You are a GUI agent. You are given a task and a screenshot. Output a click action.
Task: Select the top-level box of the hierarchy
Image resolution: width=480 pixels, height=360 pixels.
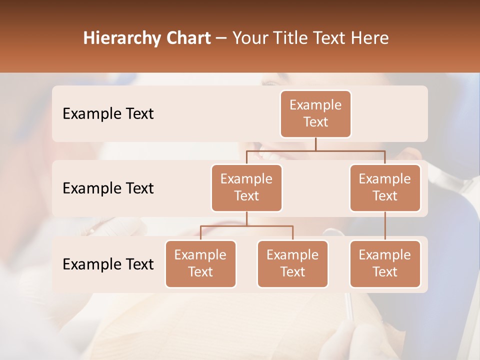[315, 113]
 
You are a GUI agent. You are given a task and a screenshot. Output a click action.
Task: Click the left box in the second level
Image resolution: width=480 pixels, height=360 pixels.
[246, 187]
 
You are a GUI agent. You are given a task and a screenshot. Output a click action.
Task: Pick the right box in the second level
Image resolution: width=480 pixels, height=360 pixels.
[385, 187]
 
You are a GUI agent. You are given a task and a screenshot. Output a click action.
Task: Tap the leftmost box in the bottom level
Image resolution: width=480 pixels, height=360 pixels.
[200, 263]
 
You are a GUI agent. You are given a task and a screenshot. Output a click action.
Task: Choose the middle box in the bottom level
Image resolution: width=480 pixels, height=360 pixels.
[292, 263]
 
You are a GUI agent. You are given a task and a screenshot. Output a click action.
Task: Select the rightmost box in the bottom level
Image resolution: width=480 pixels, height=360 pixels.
[385, 263]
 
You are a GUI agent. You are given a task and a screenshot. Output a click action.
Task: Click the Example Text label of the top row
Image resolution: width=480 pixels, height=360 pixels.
[108, 113]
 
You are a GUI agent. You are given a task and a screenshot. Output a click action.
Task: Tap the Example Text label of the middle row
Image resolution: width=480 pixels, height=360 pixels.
[108, 188]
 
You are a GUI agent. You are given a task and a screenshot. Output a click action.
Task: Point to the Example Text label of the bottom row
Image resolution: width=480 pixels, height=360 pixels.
[108, 264]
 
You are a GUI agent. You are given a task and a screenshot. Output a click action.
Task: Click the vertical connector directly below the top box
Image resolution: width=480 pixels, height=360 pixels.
[315, 144]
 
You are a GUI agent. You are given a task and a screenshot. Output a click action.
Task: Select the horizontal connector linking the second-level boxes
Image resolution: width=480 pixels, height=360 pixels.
[315, 150]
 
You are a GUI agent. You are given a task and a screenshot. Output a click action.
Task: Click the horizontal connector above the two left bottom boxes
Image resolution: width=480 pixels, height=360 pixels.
[246, 225]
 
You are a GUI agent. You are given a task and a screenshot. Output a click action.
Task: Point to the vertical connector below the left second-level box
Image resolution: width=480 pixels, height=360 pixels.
[246, 218]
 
